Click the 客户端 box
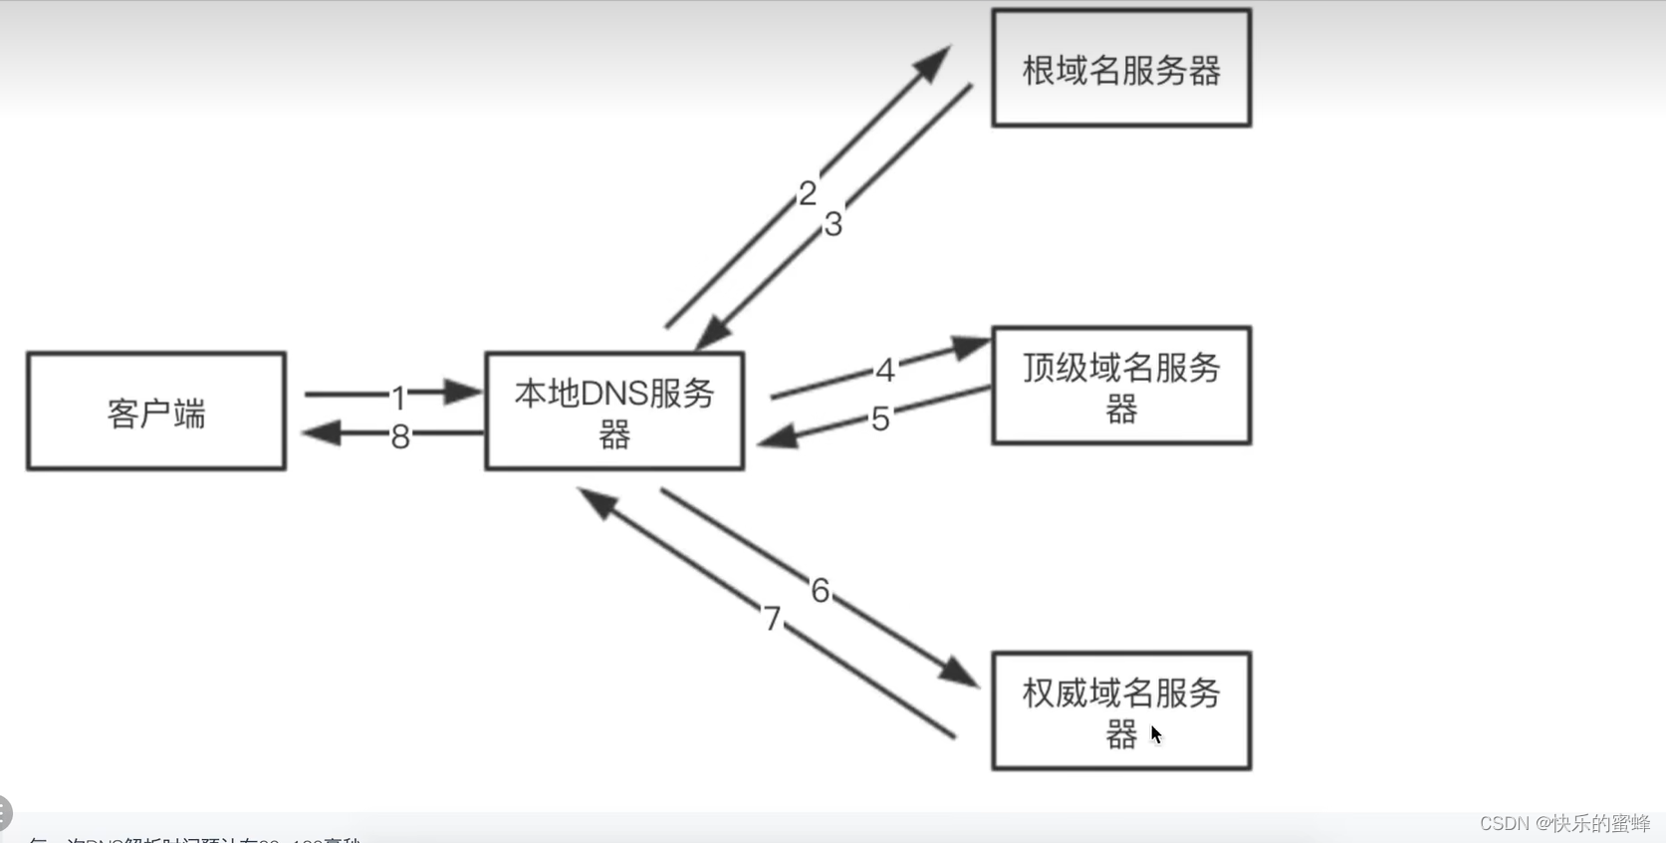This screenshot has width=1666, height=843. (x=156, y=412)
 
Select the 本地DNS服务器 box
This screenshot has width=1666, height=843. (x=614, y=412)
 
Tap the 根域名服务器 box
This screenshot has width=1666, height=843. (x=1121, y=69)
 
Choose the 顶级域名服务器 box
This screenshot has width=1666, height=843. (x=1121, y=386)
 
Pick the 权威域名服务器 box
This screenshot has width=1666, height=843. (x=1121, y=711)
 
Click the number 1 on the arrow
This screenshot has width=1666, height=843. (x=399, y=398)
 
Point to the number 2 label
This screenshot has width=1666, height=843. (x=808, y=192)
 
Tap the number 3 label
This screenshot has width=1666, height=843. (x=833, y=224)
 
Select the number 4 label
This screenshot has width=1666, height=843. (x=885, y=371)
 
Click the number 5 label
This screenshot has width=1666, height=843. (x=880, y=419)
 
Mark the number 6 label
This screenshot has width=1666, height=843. (x=820, y=591)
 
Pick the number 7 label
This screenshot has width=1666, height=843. (x=772, y=619)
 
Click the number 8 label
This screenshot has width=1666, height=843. (x=400, y=436)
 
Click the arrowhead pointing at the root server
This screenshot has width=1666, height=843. (x=933, y=63)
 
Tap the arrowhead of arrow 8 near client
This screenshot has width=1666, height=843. (x=321, y=432)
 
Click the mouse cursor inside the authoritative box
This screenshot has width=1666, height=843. (x=1155, y=734)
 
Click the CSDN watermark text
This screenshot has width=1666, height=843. (x=1563, y=823)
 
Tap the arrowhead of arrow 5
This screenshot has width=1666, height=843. (x=778, y=436)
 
